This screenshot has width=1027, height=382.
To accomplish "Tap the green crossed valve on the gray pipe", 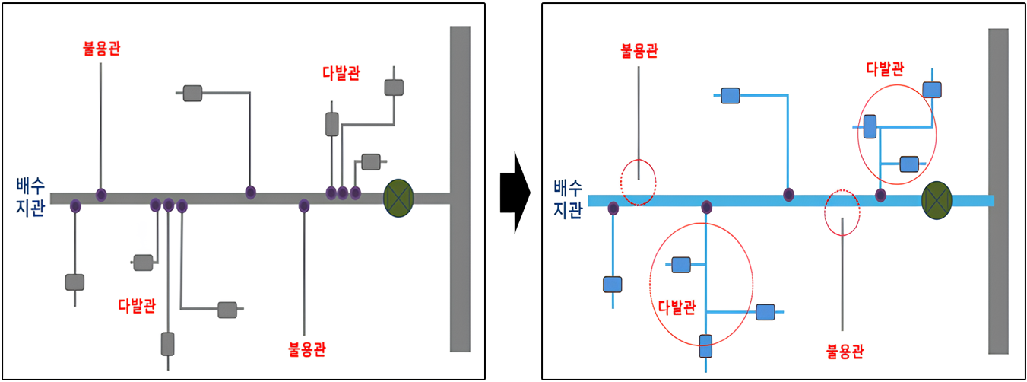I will pyautogui.click(x=398, y=196).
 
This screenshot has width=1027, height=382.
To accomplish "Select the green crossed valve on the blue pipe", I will pyautogui.click(x=937, y=199).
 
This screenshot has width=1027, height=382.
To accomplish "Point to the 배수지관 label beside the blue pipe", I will pyautogui.click(x=568, y=199).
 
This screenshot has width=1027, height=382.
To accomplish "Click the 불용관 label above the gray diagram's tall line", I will pyautogui.click(x=101, y=49).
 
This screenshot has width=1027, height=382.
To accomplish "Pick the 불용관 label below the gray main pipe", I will pyautogui.click(x=307, y=350).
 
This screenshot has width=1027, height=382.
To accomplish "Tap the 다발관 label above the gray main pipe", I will pyautogui.click(x=341, y=74).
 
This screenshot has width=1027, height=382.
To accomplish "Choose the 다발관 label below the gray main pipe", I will pyautogui.click(x=138, y=306).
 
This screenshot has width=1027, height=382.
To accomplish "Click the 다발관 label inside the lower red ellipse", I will pyautogui.click(x=676, y=308).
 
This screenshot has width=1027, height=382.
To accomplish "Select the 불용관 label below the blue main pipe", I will pyautogui.click(x=845, y=352).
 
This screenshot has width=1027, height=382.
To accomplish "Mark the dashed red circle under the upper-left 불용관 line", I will pyautogui.click(x=638, y=183).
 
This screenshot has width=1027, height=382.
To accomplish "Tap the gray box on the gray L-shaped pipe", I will pyautogui.click(x=193, y=94).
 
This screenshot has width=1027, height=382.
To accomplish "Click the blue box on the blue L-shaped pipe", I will pyautogui.click(x=731, y=96).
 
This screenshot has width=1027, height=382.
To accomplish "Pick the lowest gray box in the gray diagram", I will pyautogui.click(x=168, y=344).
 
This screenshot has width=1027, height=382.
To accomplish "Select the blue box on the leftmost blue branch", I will pyautogui.click(x=613, y=285).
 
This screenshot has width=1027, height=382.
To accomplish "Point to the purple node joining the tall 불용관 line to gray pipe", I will pyautogui.click(x=101, y=196).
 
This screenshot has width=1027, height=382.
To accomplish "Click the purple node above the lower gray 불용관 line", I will pyautogui.click(x=304, y=205).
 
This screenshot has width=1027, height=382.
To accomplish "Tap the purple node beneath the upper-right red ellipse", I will pyautogui.click(x=880, y=196).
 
